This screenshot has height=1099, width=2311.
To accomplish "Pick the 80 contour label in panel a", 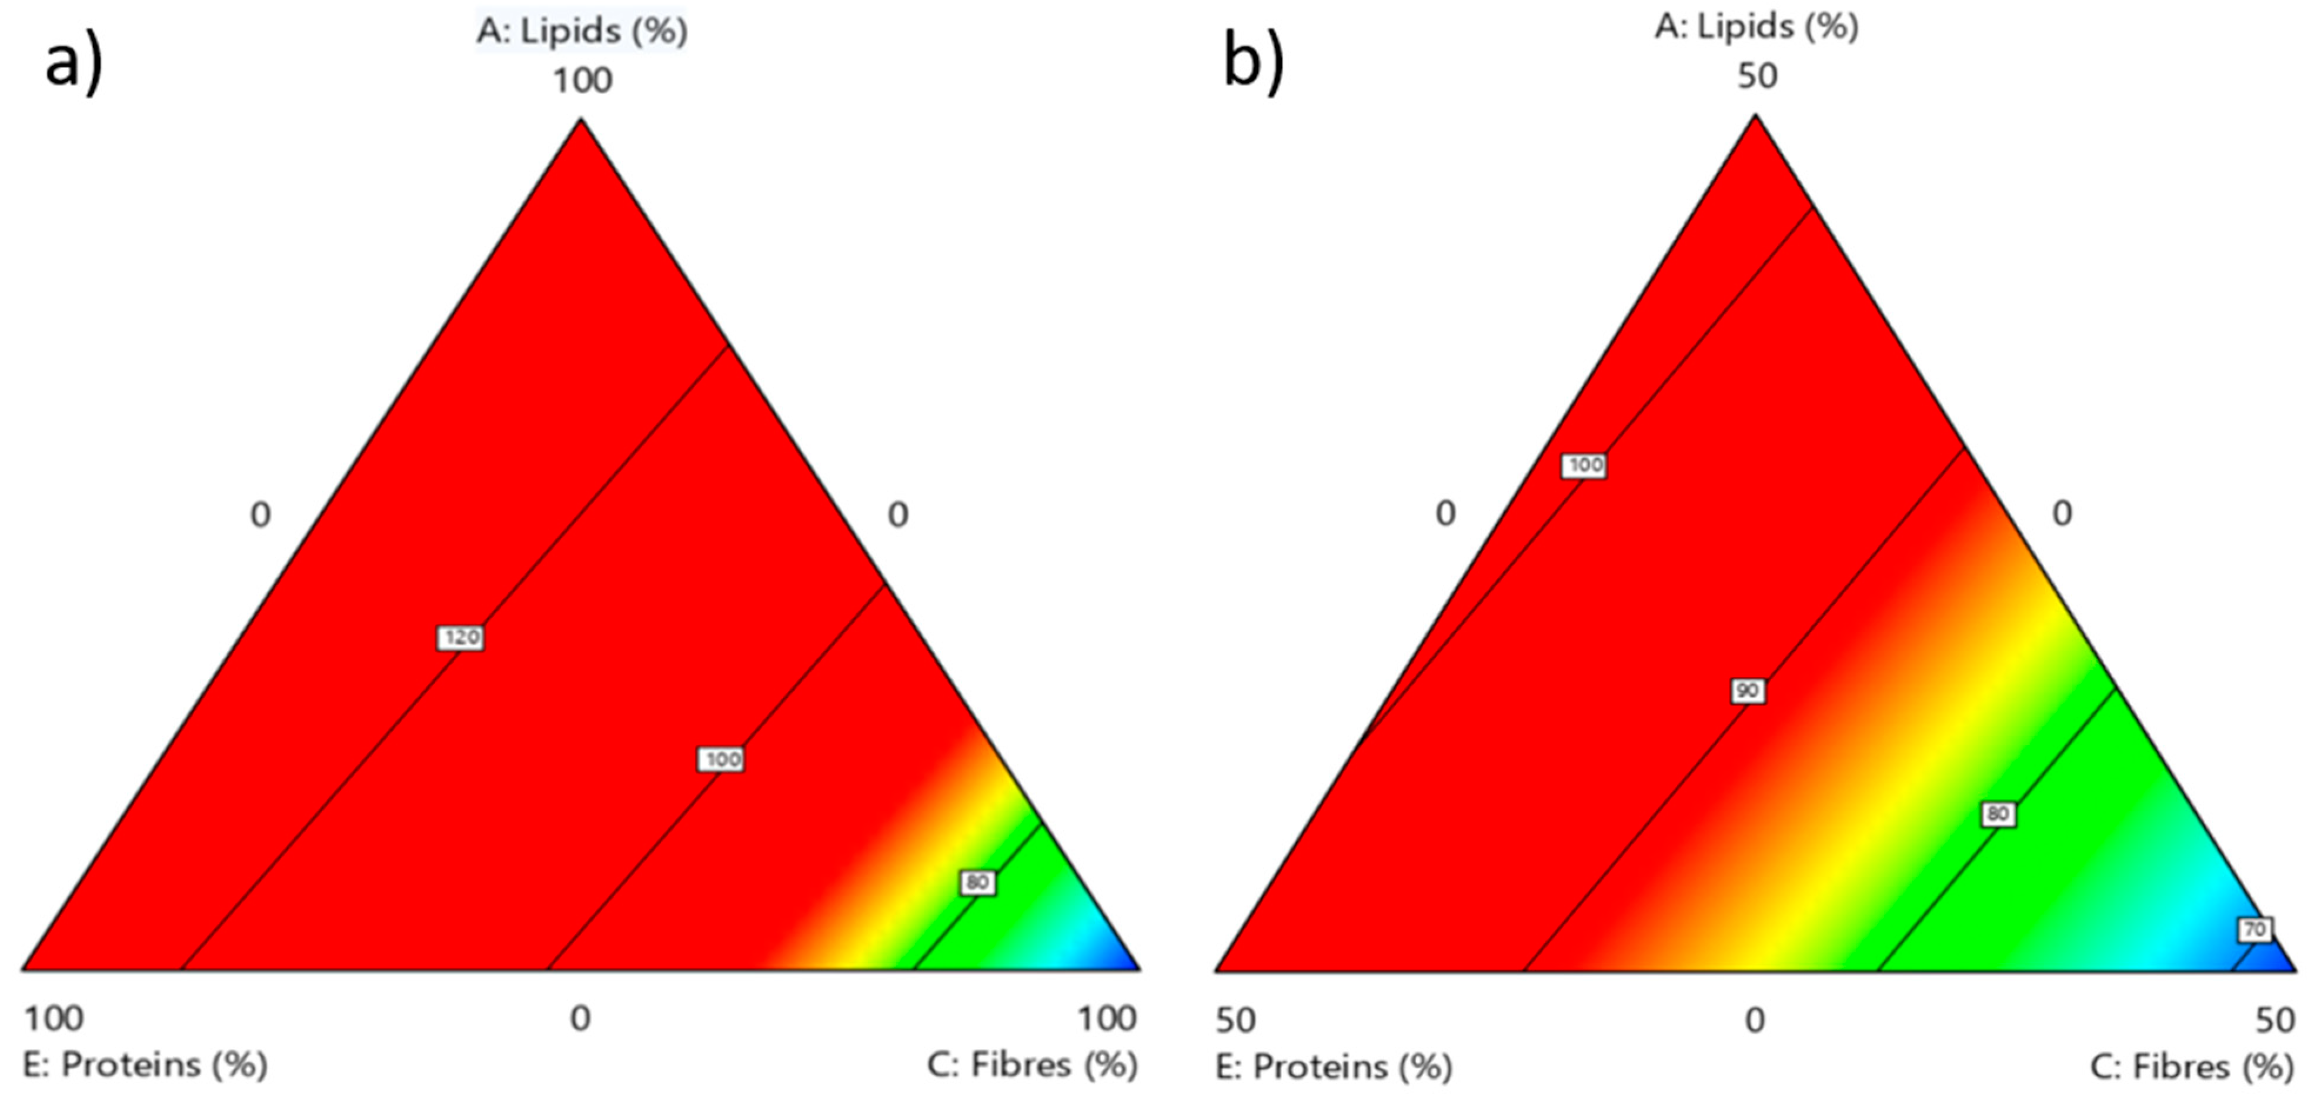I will click(977, 883).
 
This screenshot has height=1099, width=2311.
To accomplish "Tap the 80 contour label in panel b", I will click(1998, 814).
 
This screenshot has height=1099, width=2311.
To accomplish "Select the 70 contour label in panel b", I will click(2255, 930).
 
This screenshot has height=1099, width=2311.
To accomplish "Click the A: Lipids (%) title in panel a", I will click(582, 31).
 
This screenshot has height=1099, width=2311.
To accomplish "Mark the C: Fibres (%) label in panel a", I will click(1031, 1065).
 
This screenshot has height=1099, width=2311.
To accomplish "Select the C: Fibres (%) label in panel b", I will click(2192, 1067).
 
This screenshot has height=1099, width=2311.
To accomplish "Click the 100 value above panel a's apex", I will click(582, 81).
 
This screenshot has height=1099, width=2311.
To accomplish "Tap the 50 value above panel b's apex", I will click(1756, 76).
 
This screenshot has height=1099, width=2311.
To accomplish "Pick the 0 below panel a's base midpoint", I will click(580, 1018).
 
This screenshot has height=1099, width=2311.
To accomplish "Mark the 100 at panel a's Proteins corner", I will click(54, 1018).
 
